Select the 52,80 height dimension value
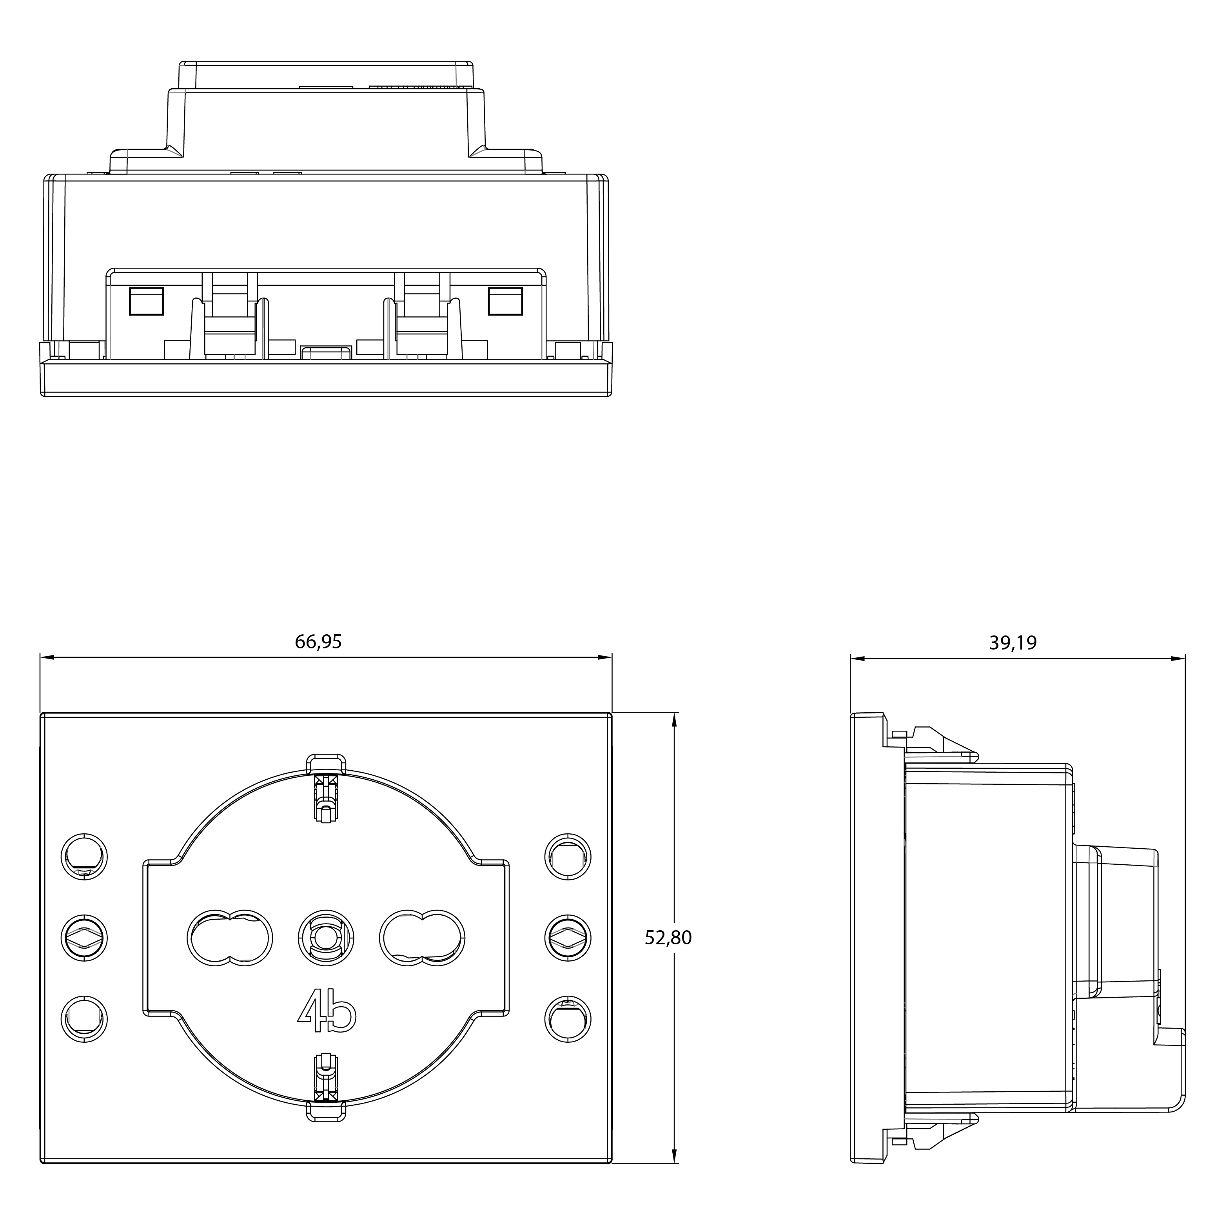668,938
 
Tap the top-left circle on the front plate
84,857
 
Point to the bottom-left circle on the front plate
84,1020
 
